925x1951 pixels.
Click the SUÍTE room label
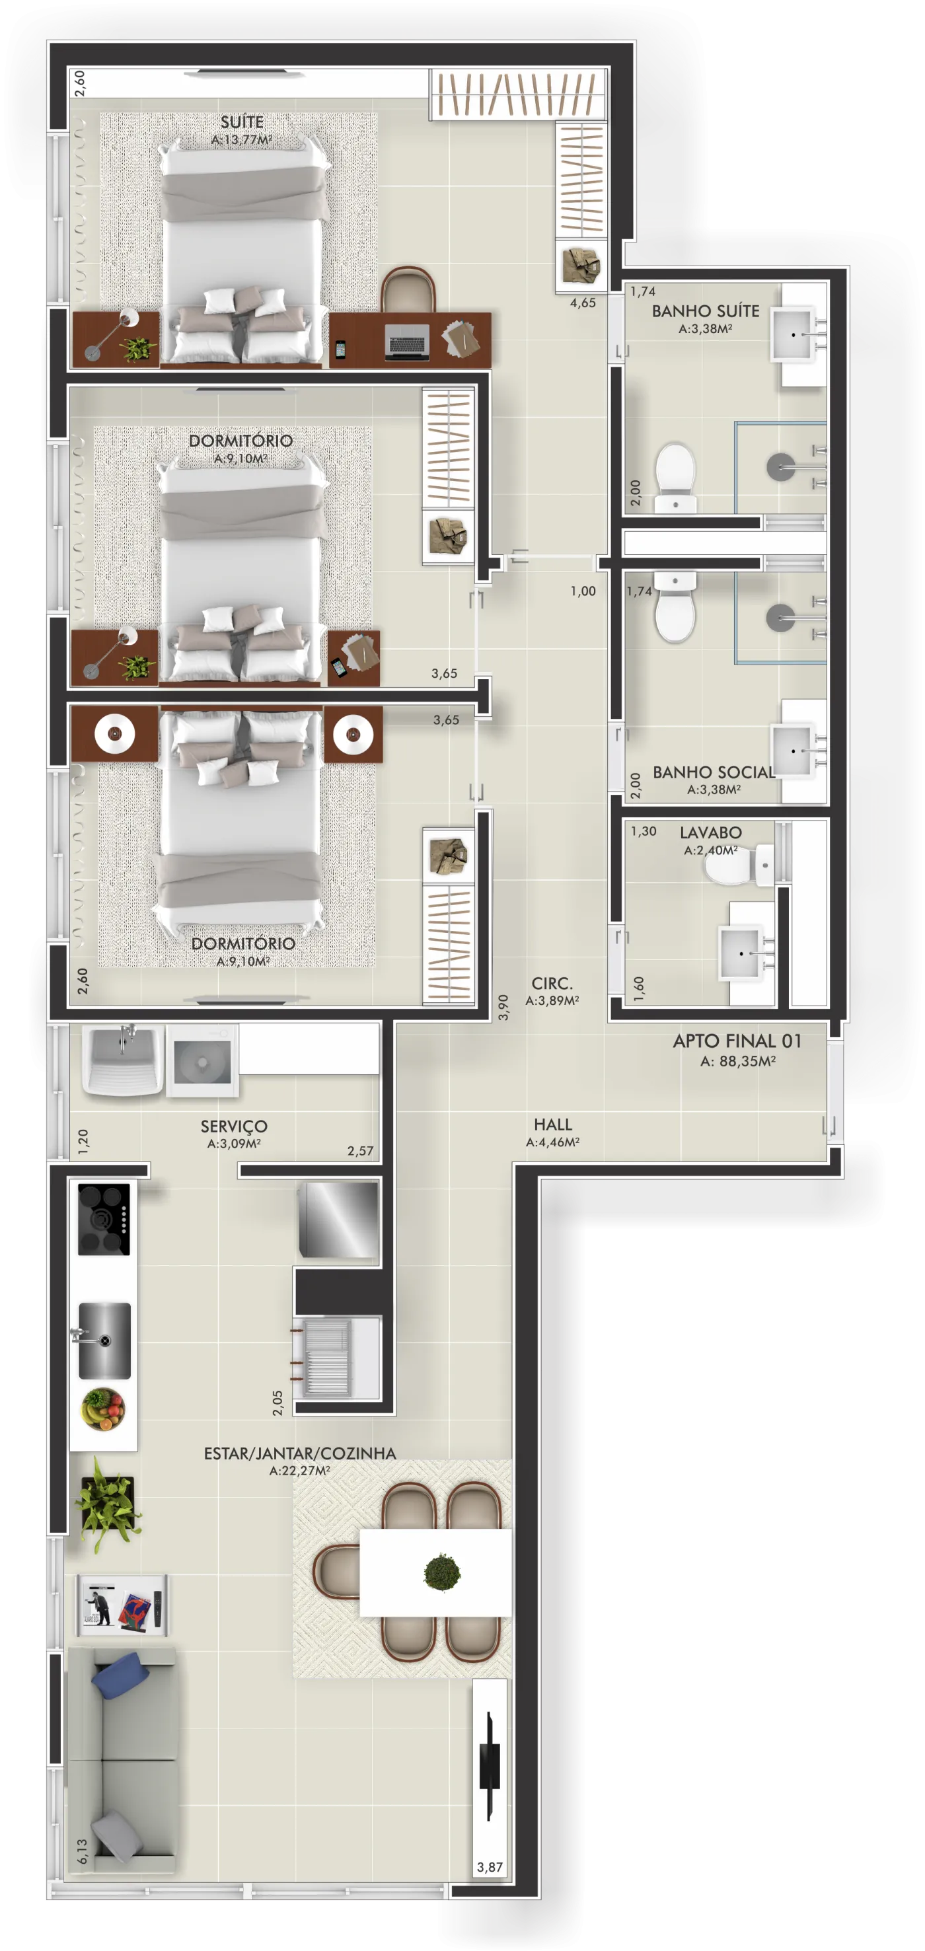[x=242, y=122]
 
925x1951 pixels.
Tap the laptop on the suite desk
[x=408, y=340]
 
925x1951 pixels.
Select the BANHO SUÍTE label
[x=705, y=311]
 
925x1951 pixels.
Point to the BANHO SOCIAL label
[x=714, y=772]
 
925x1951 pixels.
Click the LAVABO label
[x=711, y=832]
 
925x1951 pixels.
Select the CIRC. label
[x=552, y=983]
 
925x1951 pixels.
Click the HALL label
[x=553, y=1124]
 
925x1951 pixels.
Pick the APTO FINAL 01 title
[x=737, y=1041]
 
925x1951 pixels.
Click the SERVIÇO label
[x=234, y=1126]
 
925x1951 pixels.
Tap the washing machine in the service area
[x=202, y=1060]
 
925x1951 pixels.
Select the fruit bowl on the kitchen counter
[x=104, y=1409]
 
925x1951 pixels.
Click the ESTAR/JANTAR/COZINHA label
[x=300, y=1454]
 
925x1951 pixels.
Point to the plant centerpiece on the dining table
[x=441, y=1572]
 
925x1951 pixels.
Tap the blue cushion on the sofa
[x=120, y=1673]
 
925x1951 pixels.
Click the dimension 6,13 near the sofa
[x=82, y=1851]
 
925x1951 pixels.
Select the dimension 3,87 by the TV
[x=490, y=1867]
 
